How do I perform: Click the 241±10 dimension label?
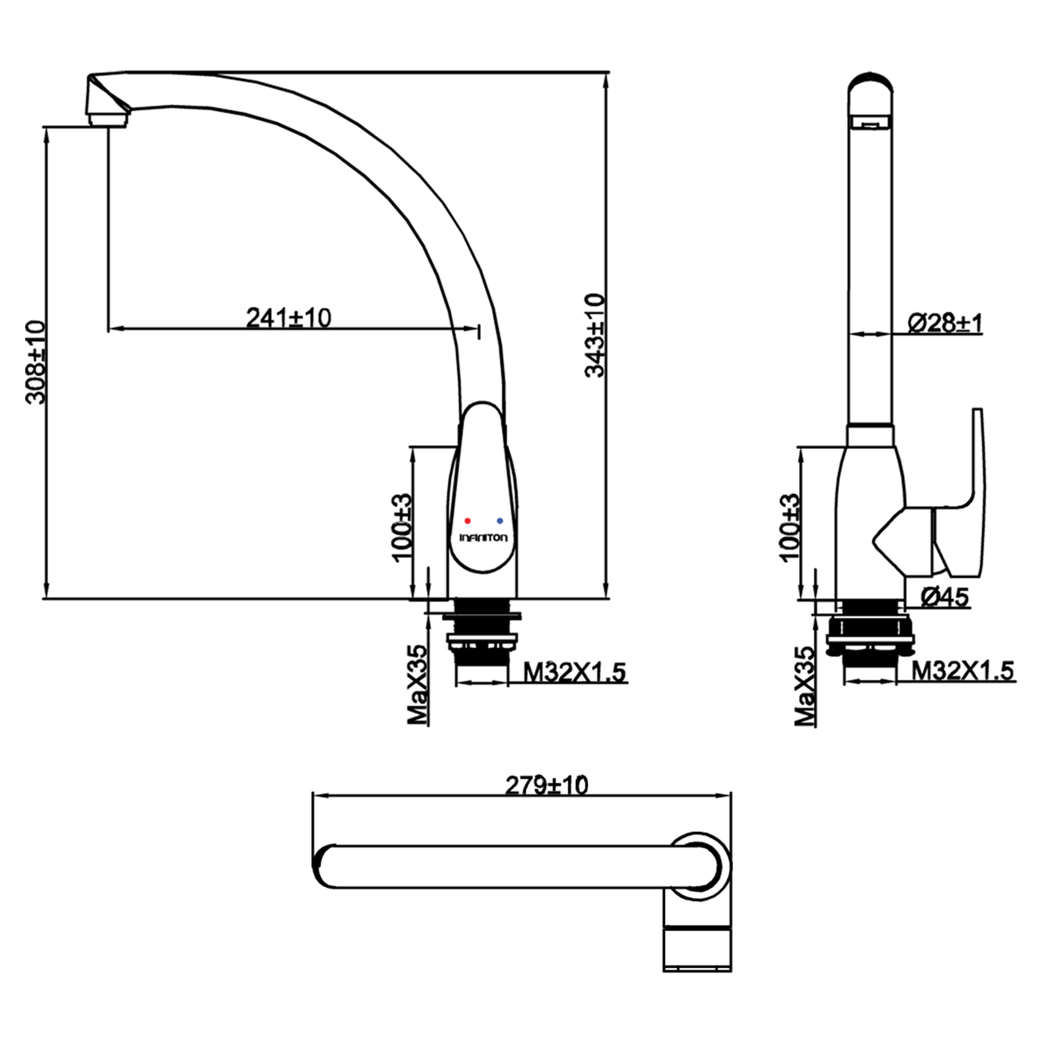(289, 318)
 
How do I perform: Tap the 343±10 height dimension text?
(596, 335)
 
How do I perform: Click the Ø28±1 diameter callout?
(945, 323)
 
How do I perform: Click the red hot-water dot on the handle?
(468, 521)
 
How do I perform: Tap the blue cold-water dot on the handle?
(500, 521)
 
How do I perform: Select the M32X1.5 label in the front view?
(575, 672)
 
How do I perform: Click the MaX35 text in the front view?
(417, 685)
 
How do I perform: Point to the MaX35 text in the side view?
(804, 686)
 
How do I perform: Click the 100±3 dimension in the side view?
(789, 527)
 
